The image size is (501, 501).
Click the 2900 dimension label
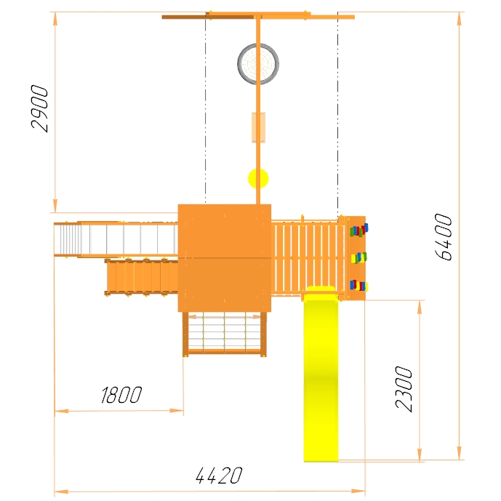tap(39, 108)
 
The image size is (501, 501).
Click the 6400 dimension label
tap(444, 237)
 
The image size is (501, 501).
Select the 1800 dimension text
tap(121, 395)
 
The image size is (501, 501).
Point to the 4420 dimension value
tap(219, 476)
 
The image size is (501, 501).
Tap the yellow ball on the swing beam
tap(258, 178)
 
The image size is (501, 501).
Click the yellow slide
tap(321, 374)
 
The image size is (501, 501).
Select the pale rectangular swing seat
tap(258, 127)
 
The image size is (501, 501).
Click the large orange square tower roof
tap(225, 258)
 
